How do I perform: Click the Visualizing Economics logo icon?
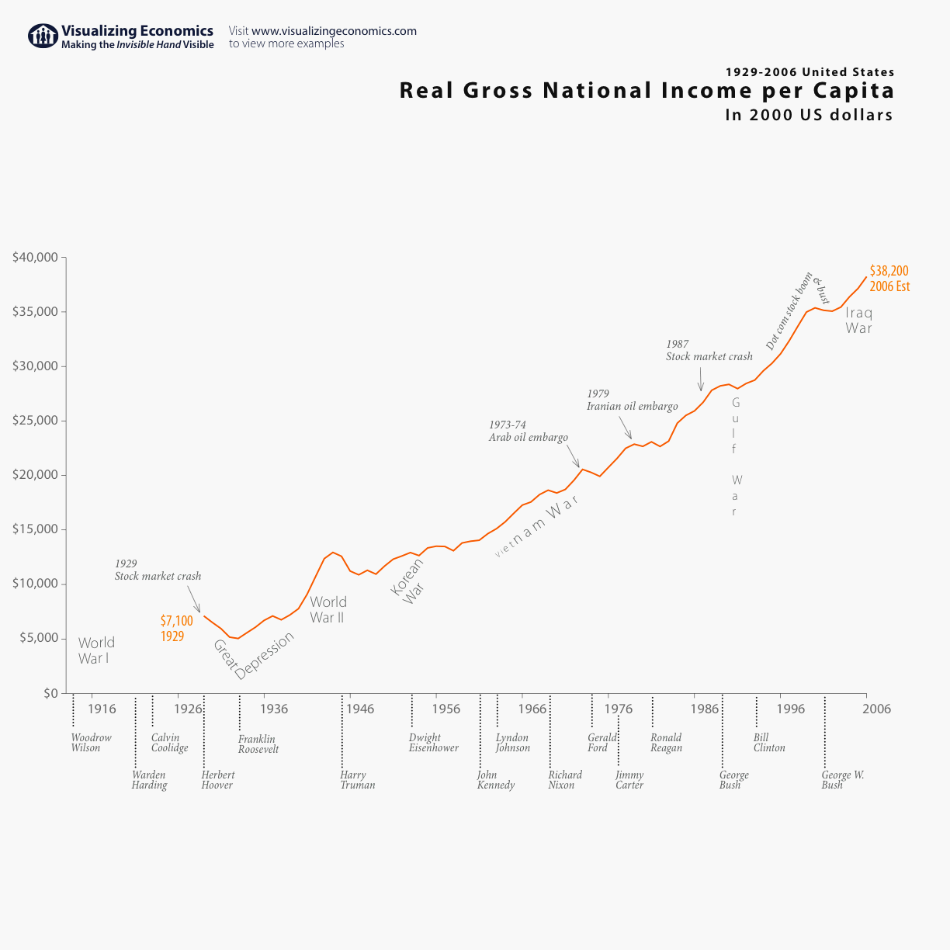[43, 36]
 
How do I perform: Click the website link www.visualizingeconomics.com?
[334, 31]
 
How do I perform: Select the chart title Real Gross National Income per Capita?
[647, 91]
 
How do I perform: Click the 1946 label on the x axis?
[360, 709]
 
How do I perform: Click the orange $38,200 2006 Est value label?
[889, 279]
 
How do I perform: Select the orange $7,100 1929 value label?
[176, 629]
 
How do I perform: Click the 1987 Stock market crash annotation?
[709, 351]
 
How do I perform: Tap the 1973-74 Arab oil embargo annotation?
[528, 432]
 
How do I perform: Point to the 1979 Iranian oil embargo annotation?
[632, 400]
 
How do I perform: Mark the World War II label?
[328, 610]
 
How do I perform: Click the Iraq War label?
[858, 321]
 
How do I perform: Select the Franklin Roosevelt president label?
[258, 744]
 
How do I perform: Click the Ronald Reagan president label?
[666, 743]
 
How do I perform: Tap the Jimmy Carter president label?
[629, 780]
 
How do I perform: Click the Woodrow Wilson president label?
[91, 743]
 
